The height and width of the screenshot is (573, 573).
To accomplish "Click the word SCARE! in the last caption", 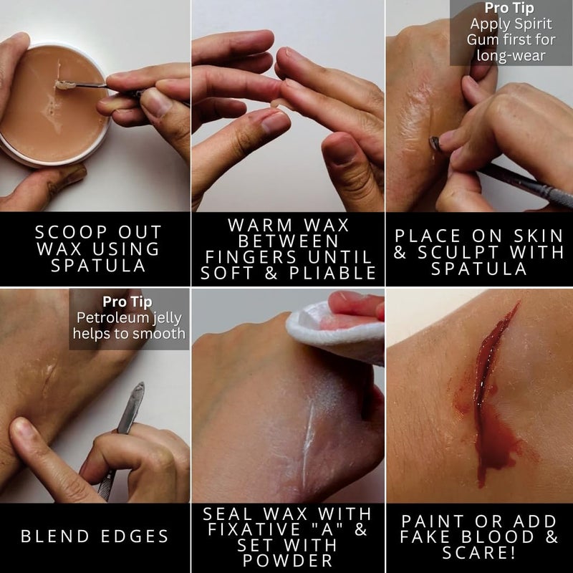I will tap(479, 553).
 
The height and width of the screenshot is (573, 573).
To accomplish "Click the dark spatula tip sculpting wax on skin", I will tap(433, 143).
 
